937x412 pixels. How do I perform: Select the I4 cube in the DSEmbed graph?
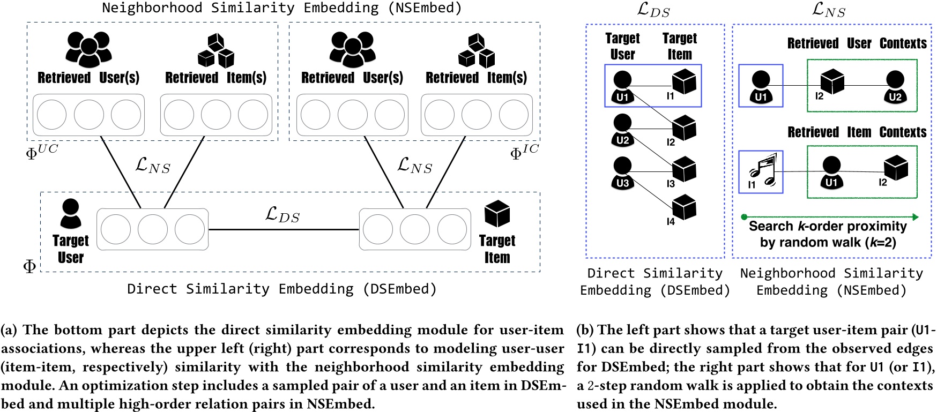(684, 207)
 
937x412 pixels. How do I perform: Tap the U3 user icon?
(622, 173)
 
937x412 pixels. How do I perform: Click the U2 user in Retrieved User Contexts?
(895, 86)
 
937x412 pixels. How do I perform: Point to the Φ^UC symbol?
(41, 152)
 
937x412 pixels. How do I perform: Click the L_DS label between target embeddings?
(282, 215)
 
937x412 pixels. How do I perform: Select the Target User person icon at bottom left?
(71, 213)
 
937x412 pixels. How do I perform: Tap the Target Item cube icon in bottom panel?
(497, 213)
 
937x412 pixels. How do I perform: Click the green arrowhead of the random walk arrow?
(915, 217)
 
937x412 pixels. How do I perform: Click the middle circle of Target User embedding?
(153, 229)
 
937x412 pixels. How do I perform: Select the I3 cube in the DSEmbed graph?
(684, 169)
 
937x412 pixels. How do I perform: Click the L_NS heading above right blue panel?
(829, 9)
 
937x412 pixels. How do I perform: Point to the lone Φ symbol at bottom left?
(29, 266)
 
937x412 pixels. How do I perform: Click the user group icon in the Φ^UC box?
(88, 49)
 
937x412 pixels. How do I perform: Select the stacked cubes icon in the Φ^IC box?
(477, 50)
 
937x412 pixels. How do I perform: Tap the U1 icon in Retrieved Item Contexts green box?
(831, 172)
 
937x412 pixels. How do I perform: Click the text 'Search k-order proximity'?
(827, 226)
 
